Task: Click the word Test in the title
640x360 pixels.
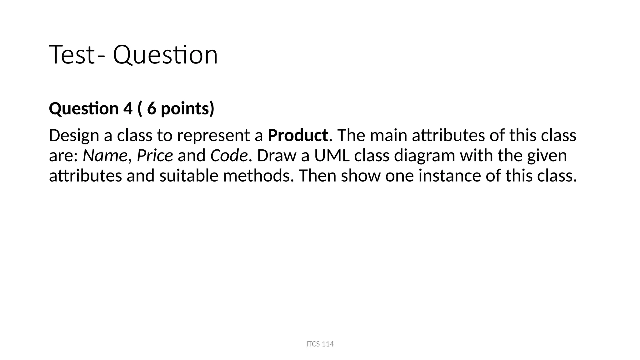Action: [x=72, y=55]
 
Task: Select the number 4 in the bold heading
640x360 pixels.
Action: [x=128, y=108]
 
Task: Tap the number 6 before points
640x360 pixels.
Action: [x=152, y=108]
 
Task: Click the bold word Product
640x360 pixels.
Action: [x=298, y=135]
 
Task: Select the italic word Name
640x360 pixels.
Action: [x=105, y=155]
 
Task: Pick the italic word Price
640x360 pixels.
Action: [x=155, y=155]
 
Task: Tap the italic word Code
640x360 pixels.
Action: [x=229, y=155]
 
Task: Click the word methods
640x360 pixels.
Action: [x=258, y=175]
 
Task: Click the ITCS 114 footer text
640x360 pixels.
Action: [x=320, y=344]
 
